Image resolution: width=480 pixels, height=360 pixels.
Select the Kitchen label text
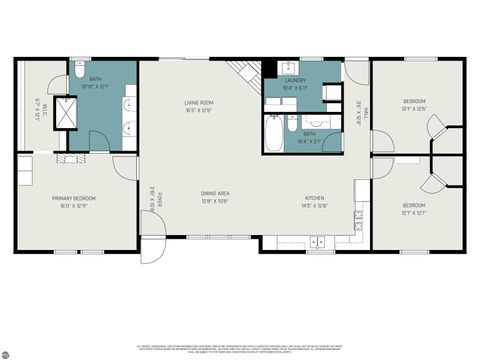coord(314,198)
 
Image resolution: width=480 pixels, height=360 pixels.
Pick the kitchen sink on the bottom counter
coord(317,241)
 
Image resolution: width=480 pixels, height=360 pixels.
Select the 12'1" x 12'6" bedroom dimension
coord(415,109)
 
